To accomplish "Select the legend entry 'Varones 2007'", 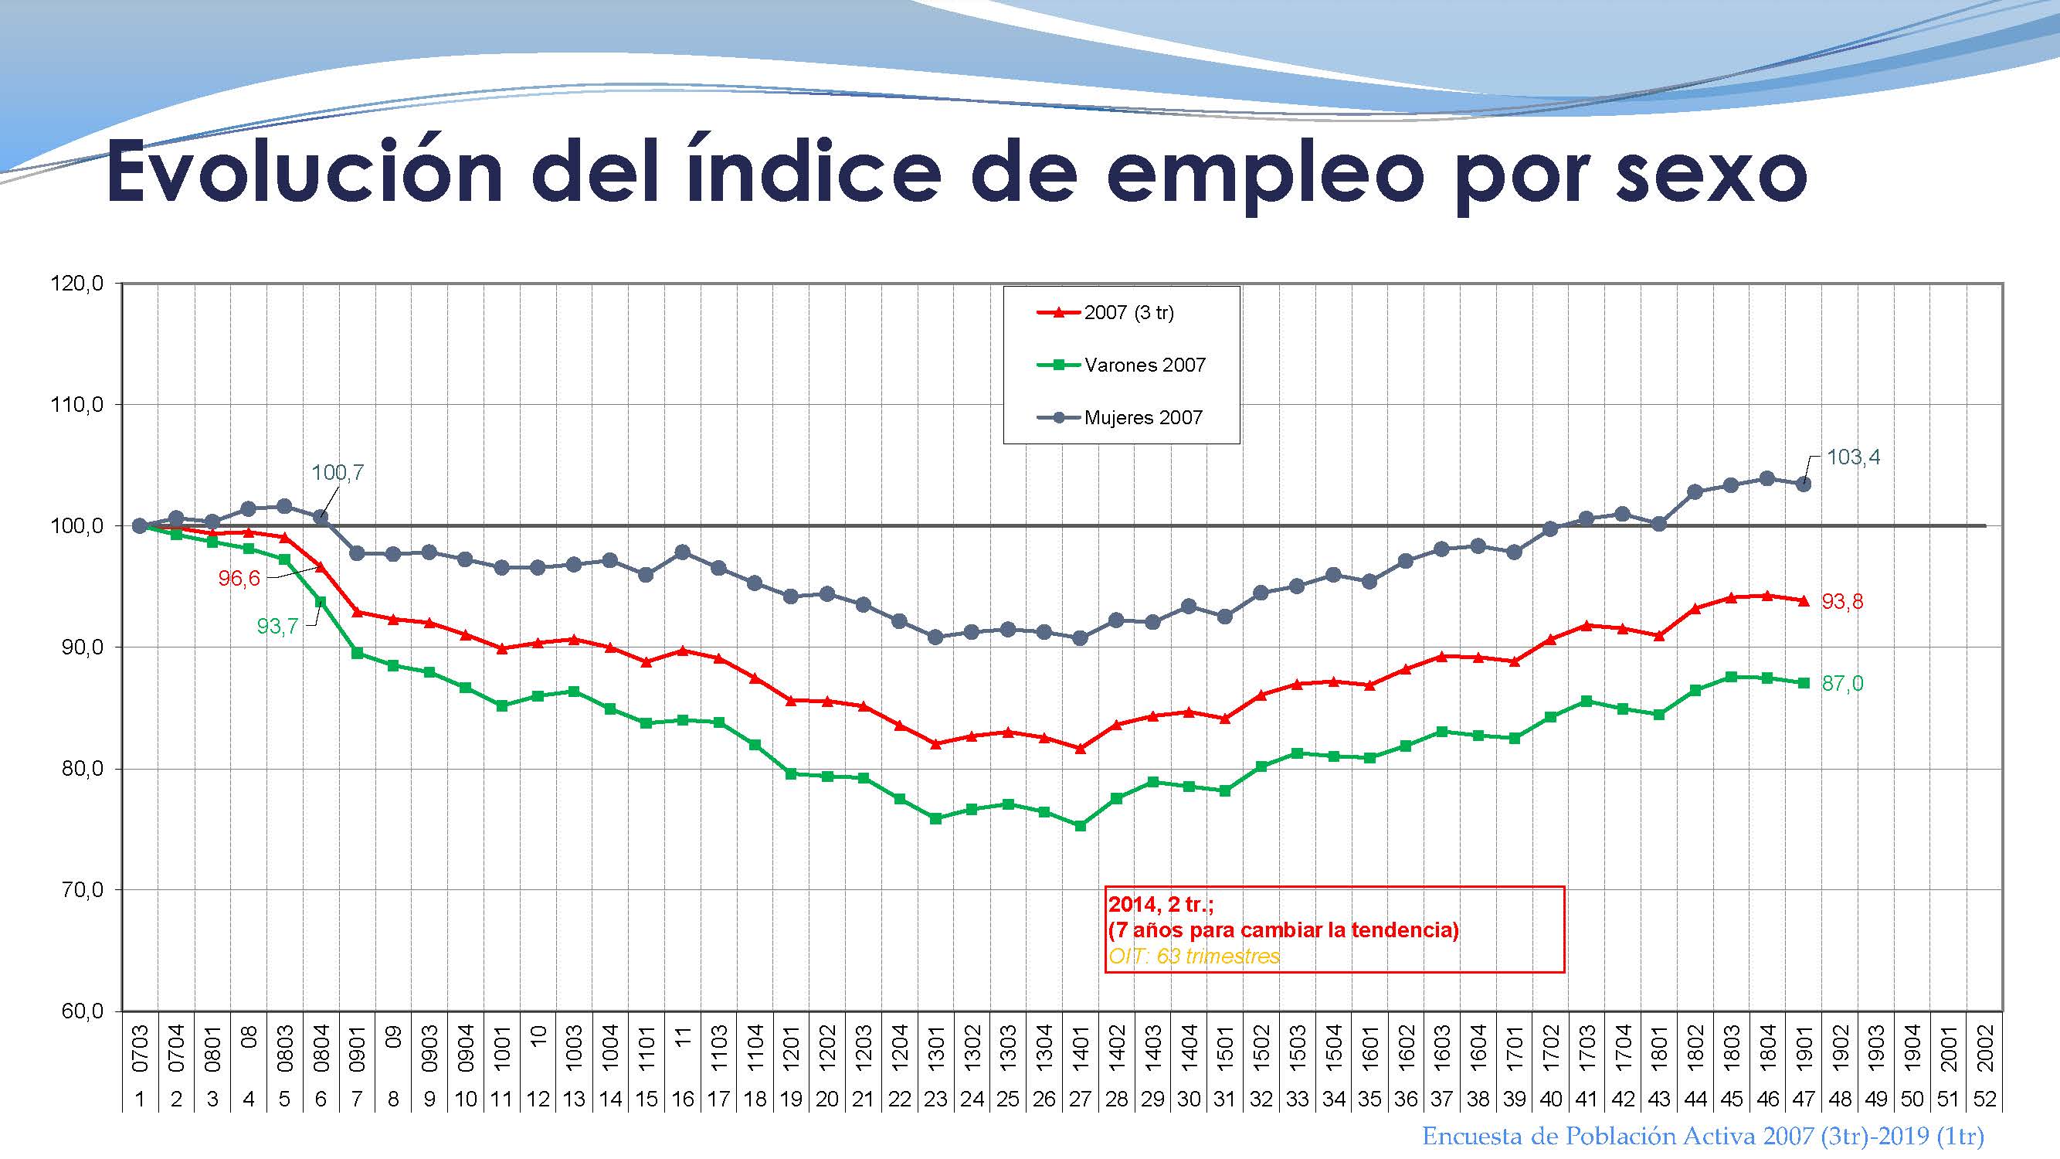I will pyautogui.click(x=1144, y=365).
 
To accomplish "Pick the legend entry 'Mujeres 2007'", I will pyautogui.click(x=1142, y=417).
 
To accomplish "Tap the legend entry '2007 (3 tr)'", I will pyautogui.click(x=1128, y=313).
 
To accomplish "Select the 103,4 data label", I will pyautogui.click(x=1853, y=457).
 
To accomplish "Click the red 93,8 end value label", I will pyautogui.click(x=1841, y=601).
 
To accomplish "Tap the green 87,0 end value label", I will pyautogui.click(x=1841, y=684).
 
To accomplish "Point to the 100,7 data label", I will pyautogui.click(x=337, y=473).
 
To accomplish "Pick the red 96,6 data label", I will pyautogui.click(x=239, y=578).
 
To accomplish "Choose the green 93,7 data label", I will pyautogui.click(x=277, y=627).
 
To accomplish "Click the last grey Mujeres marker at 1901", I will pyautogui.click(x=1804, y=484).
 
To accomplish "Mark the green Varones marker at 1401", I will pyautogui.click(x=1081, y=825).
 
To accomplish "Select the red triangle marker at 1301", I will pyautogui.click(x=935, y=743).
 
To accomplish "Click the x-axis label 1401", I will pyautogui.click(x=1081, y=1049).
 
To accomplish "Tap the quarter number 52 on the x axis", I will pyautogui.click(x=1985, y=1099).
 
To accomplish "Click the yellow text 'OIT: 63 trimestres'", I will pyautogui.click(x=1194, y=956).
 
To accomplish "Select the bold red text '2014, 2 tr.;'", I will pyautogui.click(x=1160, y=905).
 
